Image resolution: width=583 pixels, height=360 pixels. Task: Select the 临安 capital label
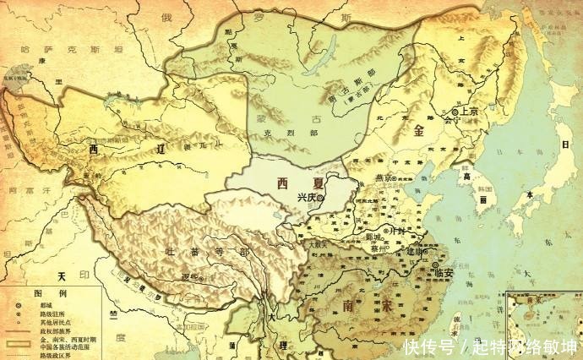445,271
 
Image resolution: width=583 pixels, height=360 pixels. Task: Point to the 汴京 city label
396,230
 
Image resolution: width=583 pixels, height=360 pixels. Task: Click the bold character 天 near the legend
61,276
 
